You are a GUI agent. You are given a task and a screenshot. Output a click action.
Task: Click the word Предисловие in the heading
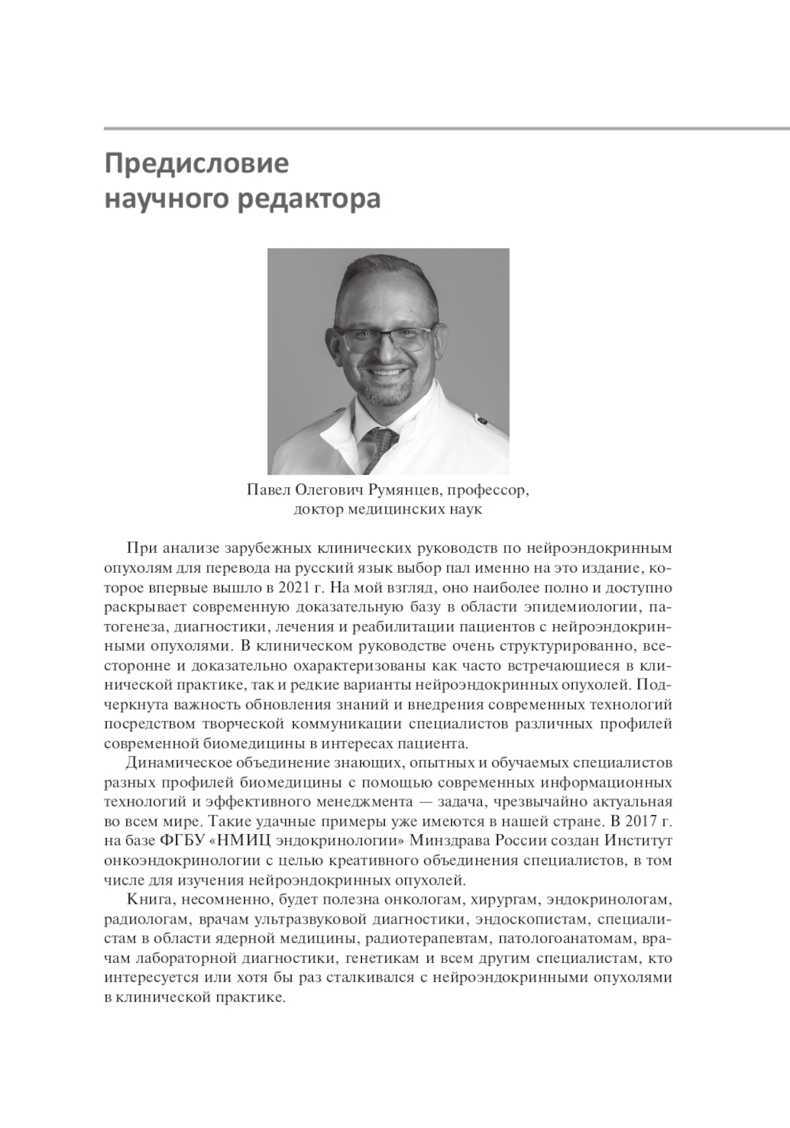pos(197,164)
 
